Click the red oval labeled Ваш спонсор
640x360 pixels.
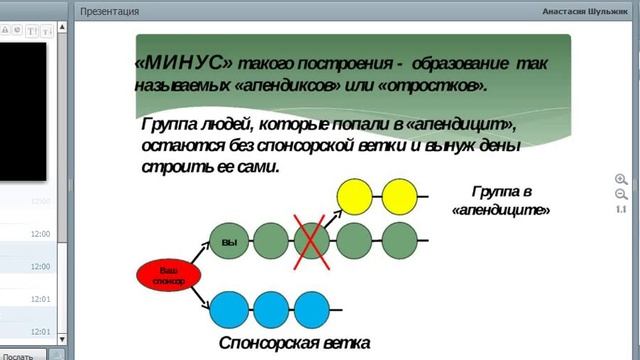point(168,276)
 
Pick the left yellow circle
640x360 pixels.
point(356,195)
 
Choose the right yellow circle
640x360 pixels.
point(398,195)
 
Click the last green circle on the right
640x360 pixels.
point(397,240)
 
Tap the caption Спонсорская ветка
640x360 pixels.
point(294,344)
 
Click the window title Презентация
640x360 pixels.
point(110,12)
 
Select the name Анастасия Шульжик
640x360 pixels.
point(584,12)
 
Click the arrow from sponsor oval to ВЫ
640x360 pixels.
point(187,256)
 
